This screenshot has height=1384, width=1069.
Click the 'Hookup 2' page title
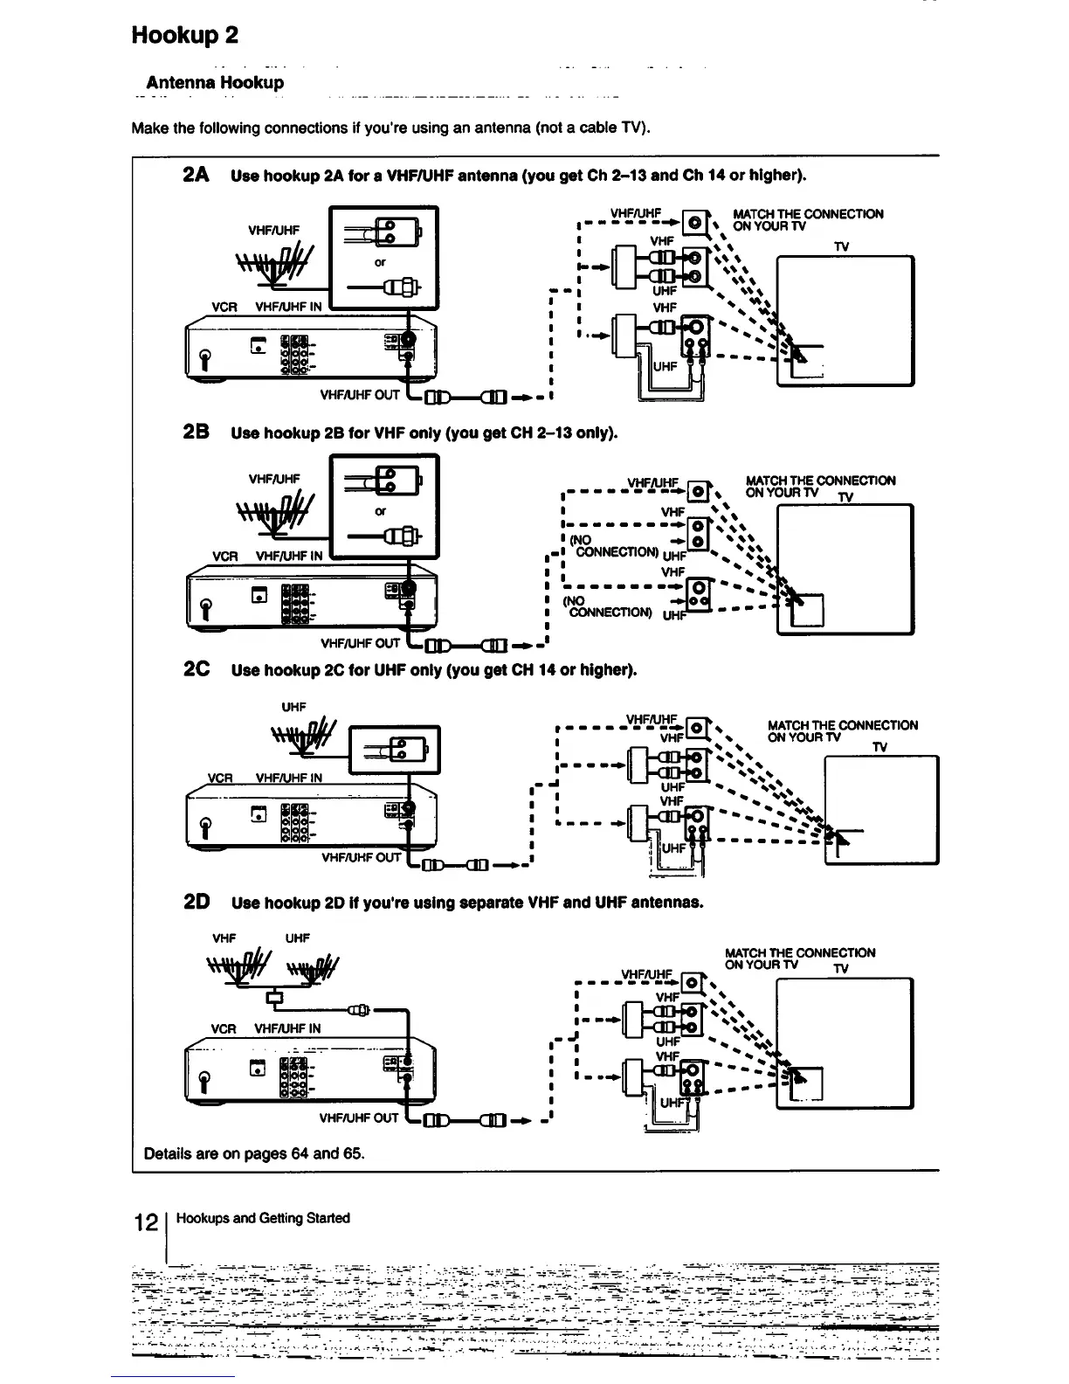coord(184,35)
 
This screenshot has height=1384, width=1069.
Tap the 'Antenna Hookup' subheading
coord(215,83)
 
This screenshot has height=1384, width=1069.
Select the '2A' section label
coord(196,175)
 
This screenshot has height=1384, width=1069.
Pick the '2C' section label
coord(196,670)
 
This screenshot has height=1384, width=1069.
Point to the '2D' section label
coord(196,902)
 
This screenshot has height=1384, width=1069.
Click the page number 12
coord(145,1221)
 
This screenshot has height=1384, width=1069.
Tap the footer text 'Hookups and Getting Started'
coord(263,1218)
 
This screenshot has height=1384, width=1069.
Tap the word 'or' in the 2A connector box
coord(381,262)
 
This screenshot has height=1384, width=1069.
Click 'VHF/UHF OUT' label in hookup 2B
coord(360,644)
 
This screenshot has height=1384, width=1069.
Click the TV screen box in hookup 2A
coord(845,320)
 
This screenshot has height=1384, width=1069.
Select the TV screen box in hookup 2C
coord(881,809)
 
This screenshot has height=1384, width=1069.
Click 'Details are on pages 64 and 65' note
coord(254,1153)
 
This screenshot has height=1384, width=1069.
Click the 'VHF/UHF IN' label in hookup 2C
coord(288,778)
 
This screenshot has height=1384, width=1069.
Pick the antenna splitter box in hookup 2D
coord(275,996)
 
